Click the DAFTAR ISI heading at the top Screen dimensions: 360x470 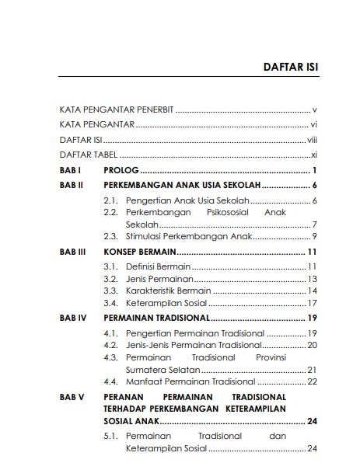pyautogui.click(x=291, y=68)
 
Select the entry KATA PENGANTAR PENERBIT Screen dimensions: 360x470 pyautogui.click(x=117, y=110)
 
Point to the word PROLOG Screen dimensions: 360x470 pyautogui.click(x=120, y=170)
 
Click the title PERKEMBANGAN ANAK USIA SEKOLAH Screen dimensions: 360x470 pyautogui.click(x=182, y=186)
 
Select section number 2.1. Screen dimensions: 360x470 pyautogui.click(x=110, y=201)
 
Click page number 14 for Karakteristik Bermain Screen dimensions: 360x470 pyautogui.click(x=313, y=291)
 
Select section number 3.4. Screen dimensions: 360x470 pyautogui.click(x=110, y=303)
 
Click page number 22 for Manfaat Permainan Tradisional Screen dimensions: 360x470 pyautogui.click(x=313, y=381)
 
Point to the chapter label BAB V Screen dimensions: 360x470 pyautogui.click(x=72, y=397)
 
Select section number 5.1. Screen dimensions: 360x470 pyautogui.click(x=110, y=436)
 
